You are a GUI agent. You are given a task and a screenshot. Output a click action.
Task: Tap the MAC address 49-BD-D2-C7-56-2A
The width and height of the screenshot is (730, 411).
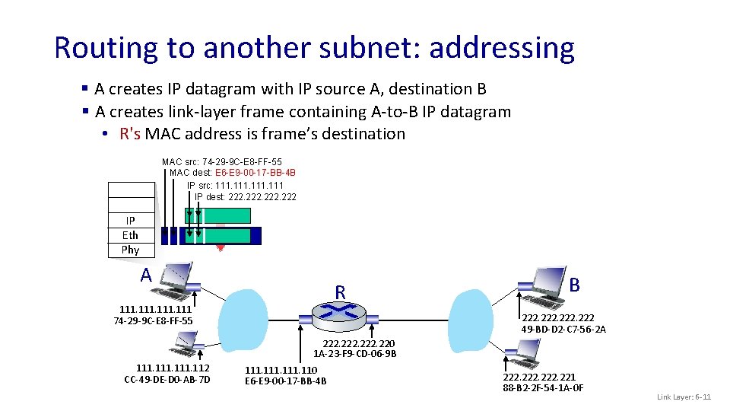(x=563, y=329)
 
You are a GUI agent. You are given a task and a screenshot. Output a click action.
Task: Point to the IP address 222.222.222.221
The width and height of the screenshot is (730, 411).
(x=539, y=377)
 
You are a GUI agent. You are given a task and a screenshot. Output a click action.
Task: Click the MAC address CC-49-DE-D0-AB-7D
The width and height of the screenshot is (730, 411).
(x=167, y=380)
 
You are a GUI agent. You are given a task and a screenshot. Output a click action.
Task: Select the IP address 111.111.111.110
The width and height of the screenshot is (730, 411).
(x=281, y=370)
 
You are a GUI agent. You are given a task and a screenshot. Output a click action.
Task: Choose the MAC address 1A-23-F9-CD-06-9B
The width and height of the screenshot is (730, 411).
(x=354, y=353)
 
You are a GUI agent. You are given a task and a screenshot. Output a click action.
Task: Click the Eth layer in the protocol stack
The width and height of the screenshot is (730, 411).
(x=130, y=235)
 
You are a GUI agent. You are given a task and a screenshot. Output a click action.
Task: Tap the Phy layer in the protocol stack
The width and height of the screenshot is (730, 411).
(x=130, y=250)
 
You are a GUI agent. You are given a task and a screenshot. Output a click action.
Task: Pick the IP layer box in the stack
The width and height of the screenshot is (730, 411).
(x=130, y=221)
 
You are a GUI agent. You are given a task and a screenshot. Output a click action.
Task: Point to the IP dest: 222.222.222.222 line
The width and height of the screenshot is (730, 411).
(x=245, y=197)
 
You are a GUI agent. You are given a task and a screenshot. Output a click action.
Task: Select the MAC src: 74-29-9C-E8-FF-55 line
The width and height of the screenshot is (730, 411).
(x=221, y=161)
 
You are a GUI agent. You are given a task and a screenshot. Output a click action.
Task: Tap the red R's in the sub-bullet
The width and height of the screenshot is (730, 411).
(x=130, y=134)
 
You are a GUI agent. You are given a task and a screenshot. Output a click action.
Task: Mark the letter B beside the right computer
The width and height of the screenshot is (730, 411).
(x=575, y=285)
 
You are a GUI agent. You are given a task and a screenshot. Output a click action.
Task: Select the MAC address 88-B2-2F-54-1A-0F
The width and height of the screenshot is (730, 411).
(x=543, y=388)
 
